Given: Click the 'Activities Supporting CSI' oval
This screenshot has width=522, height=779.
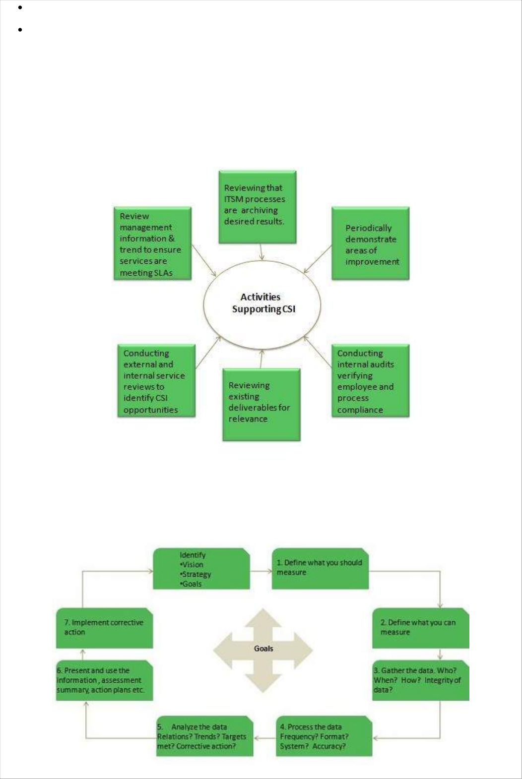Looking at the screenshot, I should pyautogui.click(x=262, y=303).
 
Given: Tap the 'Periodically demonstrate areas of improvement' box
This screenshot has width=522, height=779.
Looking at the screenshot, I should pyautogui.click(x=370, y=243).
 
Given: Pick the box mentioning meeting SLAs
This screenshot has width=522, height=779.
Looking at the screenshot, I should pyautogui.click(x=152, y=243).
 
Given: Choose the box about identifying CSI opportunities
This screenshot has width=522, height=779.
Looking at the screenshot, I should pyautogui.click(x=156, y=381).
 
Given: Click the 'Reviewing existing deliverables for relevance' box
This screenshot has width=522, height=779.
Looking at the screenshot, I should pyautogui.click(x=261, y=404).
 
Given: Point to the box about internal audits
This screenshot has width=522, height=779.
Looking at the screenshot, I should pyautogui.click(x=370, y=381).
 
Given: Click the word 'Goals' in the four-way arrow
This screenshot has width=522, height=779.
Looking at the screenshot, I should pyautogui.click(x=263, y=649).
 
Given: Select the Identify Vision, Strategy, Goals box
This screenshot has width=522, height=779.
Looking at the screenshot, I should pyautogui.click(x=201, y=569).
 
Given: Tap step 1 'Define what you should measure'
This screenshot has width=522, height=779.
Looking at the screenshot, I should pyautogui.click(x=320, y=568).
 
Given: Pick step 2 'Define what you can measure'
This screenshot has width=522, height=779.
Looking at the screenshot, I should pyautogui.click(x=421, y=628).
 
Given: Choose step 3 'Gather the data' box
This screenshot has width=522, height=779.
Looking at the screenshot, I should pyautogui.click(x=421, y=680).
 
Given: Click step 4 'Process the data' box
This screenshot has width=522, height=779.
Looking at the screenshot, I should pyautogui.click(x=324, y=736).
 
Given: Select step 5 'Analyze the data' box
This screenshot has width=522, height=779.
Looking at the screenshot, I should pyautogui.click(x=204, y=736).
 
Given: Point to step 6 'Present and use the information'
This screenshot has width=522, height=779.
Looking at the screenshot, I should pyautogui.click(x=104, y=680).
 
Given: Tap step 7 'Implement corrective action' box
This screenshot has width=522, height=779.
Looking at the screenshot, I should pyautogui.click(x=104, y=628).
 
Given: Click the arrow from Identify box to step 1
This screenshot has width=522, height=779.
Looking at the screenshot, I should pyautogui.click(x=261, y=571).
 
